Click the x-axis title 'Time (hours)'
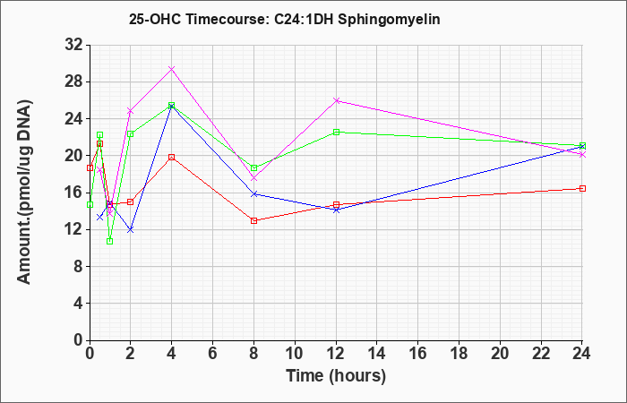(336, 375)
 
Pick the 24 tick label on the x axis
(582, 354)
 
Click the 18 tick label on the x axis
(459, 354)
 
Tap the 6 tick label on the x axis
(212, 354)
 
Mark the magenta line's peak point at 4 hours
(171, 69)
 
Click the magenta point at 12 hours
(336, 100)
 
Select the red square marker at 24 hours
(582, 188)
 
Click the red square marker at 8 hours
(253, 220)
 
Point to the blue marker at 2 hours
(130, 229)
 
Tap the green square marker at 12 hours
(336, 132)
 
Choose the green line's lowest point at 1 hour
(109, 241)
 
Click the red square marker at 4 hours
(171, 157)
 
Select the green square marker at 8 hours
(253, 168)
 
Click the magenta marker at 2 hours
(130, 111)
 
